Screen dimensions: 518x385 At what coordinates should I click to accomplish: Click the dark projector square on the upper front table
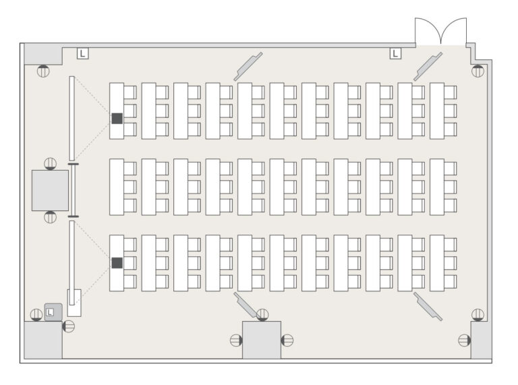[x=117, y=119]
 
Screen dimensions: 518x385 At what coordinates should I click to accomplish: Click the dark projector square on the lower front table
[x=117, y=263]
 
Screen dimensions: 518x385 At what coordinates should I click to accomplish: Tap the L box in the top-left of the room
[x=83, y=53]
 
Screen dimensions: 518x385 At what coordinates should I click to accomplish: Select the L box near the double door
[x=395, y=53]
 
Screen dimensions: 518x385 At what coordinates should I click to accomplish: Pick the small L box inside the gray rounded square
[x=49, y=312]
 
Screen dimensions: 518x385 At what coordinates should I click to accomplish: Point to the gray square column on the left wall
[x=50, y=191]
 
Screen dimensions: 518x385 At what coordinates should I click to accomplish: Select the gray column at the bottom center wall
[x=262, y=340]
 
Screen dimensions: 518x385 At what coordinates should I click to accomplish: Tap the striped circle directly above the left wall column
[x=50, y=164]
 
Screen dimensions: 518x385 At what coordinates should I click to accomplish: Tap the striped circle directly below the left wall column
[x=50, y=217]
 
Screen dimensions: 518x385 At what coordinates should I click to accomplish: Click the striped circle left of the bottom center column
[x=236, y=340]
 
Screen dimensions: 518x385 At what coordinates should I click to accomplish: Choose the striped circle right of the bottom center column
[x=287, y=340]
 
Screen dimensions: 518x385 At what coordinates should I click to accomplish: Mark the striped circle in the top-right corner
[x=478, y=71]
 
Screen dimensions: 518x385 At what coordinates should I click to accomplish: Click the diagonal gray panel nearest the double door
[x=428, y=67]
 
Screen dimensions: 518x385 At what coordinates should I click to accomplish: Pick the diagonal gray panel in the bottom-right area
[x=428, y=306]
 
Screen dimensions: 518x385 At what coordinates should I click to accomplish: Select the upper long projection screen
[x=71, y=119]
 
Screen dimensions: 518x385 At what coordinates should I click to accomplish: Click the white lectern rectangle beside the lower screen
[x=74, y=303]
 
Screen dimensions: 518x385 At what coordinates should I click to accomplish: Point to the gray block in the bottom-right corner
[x=481, y=340]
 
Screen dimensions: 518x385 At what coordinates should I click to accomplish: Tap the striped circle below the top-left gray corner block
[x=43, y=71]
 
